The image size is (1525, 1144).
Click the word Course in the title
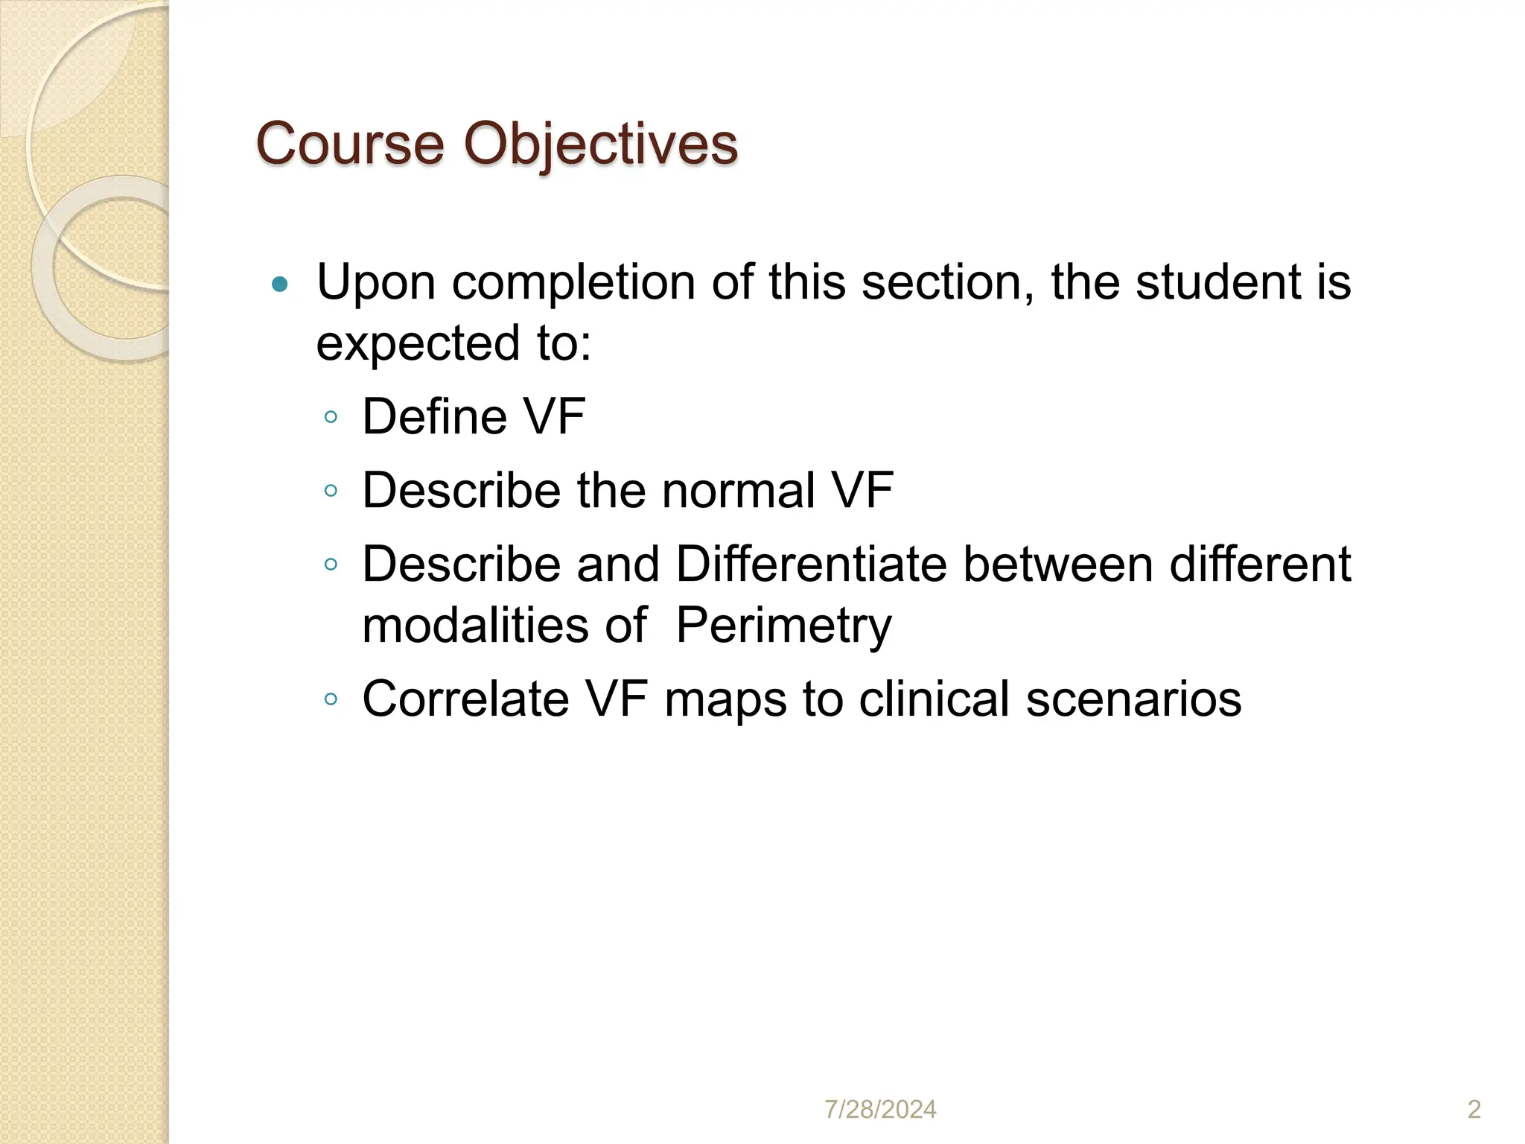(x=350, y=143)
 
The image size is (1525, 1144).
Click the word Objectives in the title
(x=601, y=143)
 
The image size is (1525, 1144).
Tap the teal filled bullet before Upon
(x=280, y=284)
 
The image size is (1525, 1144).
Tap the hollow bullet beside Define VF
(x=331, y=417)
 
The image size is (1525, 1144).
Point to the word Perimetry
(x=783, y=625)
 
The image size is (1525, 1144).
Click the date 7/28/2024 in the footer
(x=880, y=1110)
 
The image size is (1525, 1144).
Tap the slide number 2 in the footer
(x=1474, y=1110)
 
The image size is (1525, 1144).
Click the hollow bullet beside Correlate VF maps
(x=331, y=699)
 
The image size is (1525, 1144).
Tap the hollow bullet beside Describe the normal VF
(x=331, y=491)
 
